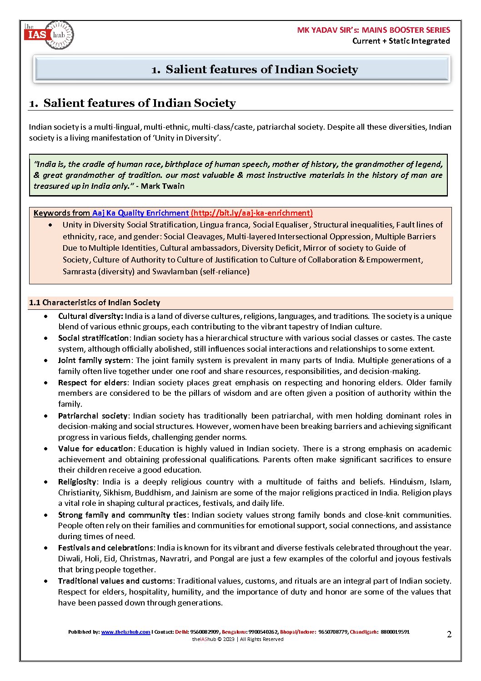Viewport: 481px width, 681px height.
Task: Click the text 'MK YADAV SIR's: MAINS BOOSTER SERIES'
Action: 373,30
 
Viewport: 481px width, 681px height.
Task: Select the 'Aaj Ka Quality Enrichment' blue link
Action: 140,213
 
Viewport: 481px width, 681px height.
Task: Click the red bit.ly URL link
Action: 251,213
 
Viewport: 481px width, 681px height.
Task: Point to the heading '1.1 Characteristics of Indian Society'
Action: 95,303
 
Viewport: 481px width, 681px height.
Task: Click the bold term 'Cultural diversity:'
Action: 90,316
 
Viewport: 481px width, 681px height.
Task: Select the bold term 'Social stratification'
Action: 93,338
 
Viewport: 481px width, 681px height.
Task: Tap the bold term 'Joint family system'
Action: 94,360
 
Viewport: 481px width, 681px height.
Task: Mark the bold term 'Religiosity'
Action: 77,482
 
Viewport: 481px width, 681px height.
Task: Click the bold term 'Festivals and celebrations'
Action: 105,548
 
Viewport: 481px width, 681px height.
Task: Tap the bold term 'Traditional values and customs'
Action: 115,581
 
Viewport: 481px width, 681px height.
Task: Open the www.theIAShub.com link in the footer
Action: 125,632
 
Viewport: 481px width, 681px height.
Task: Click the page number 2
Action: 449,635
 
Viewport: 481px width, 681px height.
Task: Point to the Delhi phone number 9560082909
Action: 205,632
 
